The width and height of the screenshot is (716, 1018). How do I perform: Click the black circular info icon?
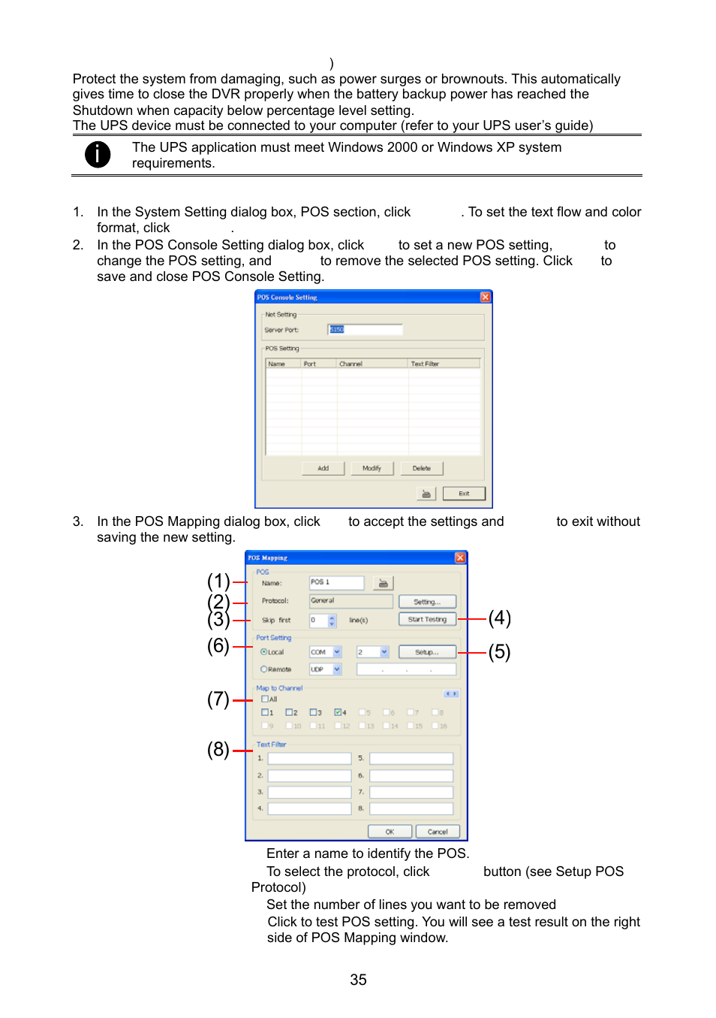coord(98,154)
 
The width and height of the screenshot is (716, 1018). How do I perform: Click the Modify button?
coord(372,468)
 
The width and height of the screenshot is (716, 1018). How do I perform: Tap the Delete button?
coord(422,468)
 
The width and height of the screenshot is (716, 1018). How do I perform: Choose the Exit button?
coord(464,494)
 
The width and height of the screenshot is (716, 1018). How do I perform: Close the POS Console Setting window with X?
coord(486,297)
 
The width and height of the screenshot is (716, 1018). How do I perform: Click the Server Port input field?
coord(366,329)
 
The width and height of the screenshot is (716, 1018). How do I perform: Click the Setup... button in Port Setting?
coord(427,652)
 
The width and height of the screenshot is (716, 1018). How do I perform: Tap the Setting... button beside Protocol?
coord(427,602)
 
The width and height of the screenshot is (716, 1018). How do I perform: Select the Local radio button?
coord(264,652)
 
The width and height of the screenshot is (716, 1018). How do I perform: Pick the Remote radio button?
coord(264,669)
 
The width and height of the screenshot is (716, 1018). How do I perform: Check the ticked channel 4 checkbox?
coord(338,712)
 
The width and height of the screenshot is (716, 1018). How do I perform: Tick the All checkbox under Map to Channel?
coord(265,699)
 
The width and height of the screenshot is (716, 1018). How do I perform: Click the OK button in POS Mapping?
coord(390,832)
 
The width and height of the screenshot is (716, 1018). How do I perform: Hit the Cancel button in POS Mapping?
coord(438,832)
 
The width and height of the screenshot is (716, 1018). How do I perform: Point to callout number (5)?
coord(500,651)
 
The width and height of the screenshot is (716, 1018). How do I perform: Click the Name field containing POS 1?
coord(336,582)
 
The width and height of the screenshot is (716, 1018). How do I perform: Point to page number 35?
coord(358,980)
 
